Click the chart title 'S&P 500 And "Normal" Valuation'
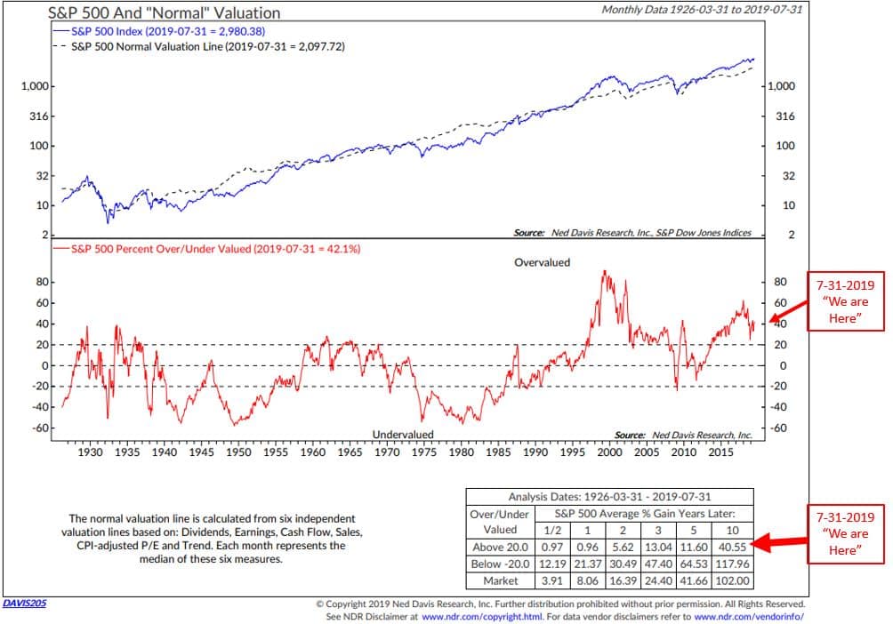point(164,12)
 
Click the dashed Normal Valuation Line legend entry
point(195,45)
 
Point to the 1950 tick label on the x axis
point(237,452)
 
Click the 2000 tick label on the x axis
point(608,452)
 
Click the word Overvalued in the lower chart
point(542,263)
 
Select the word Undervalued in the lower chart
point(403,434)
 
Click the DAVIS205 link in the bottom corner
point(26,603)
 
